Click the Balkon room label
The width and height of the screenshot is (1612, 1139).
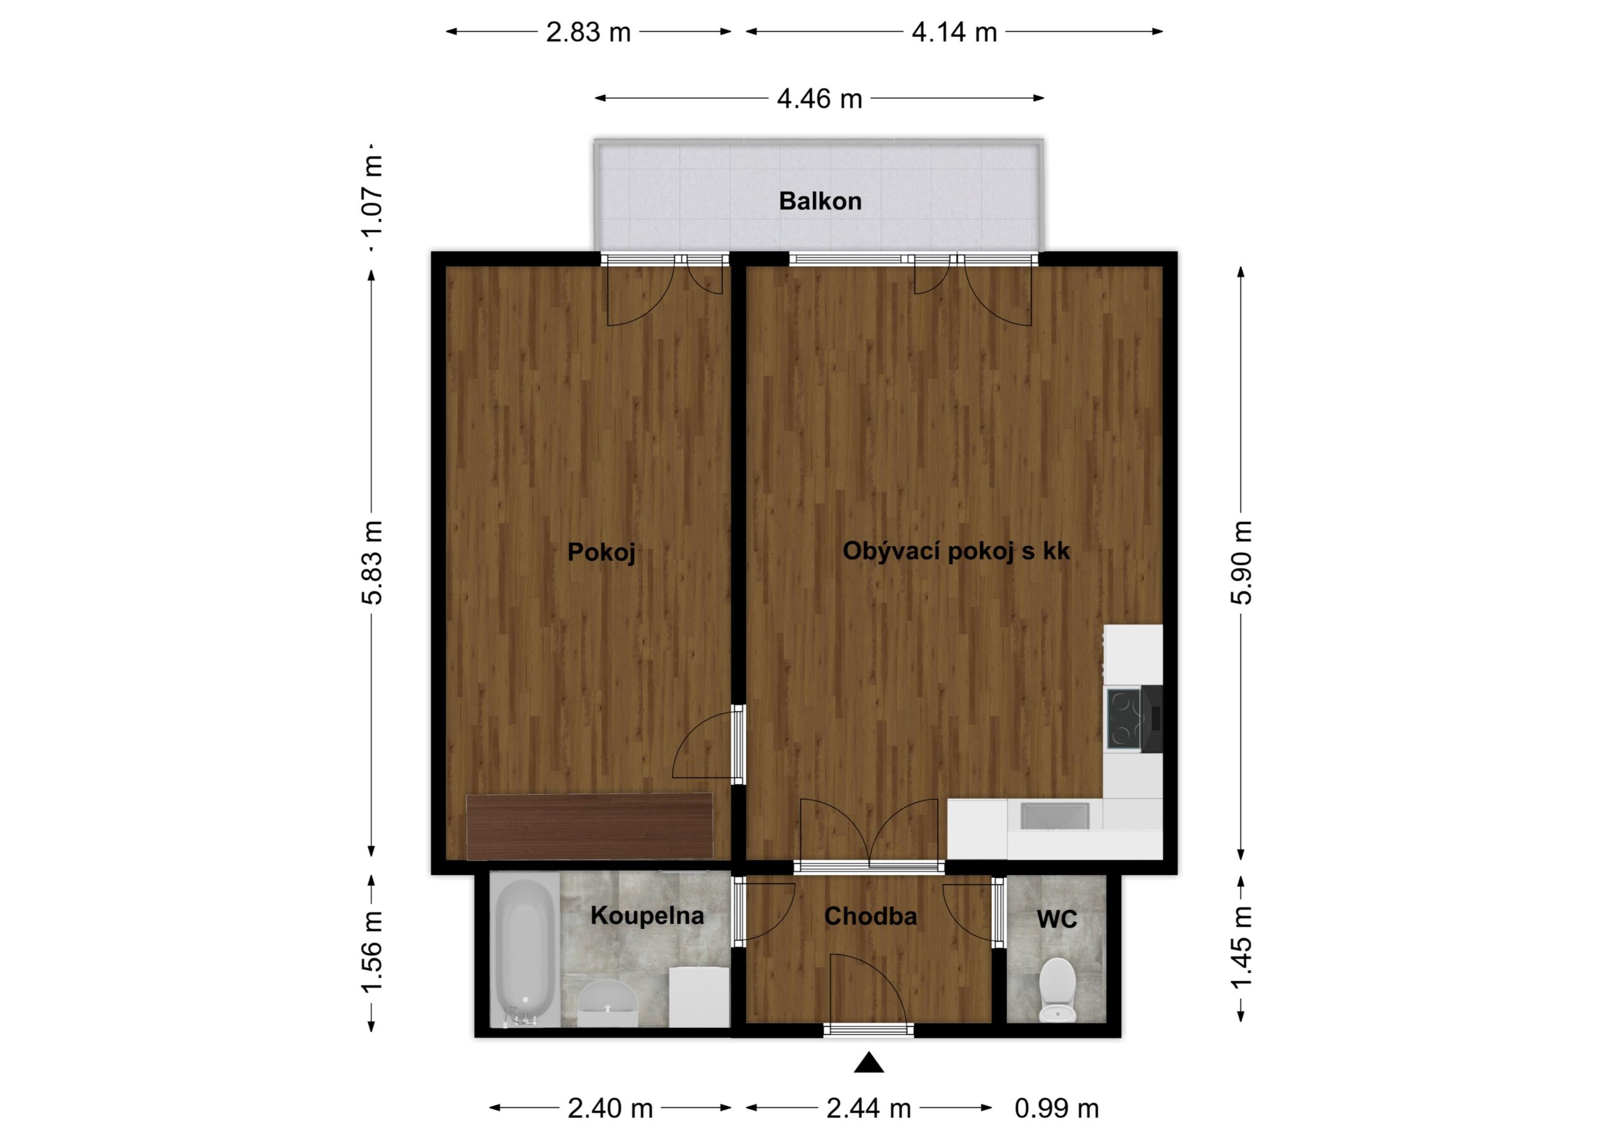[820, 201]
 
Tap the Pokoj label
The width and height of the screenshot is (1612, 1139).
[601, 553]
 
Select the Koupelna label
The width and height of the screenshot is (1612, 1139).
[647, 915]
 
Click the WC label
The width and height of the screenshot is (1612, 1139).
[1057, 919]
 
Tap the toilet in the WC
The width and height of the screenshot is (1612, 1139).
[1057, 989]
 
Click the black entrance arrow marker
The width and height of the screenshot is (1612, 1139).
[868, 1063]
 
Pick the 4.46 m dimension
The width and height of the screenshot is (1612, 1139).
[819, 99]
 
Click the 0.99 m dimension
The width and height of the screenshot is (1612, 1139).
[1057, 1109]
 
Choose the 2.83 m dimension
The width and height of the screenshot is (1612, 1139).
[588, 32]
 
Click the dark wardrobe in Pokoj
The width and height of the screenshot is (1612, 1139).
[590, 826]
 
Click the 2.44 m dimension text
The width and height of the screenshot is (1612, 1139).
[868, 1109]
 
